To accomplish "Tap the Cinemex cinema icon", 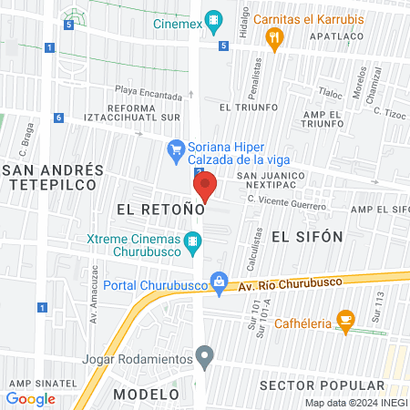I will (x=214, y=18).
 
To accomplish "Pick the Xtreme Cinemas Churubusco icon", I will (x=191, y=243).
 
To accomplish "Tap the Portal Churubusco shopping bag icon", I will (x=218, y=282).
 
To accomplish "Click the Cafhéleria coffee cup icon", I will (x=345, y=319).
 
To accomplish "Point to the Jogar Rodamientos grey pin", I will (x=205, y=356).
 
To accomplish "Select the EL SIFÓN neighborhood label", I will (x=306, y=236).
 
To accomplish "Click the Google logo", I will (x=31, y=398).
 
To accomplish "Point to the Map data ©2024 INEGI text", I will (x=354, y=403).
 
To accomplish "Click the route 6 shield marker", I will (x=57, y=118).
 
